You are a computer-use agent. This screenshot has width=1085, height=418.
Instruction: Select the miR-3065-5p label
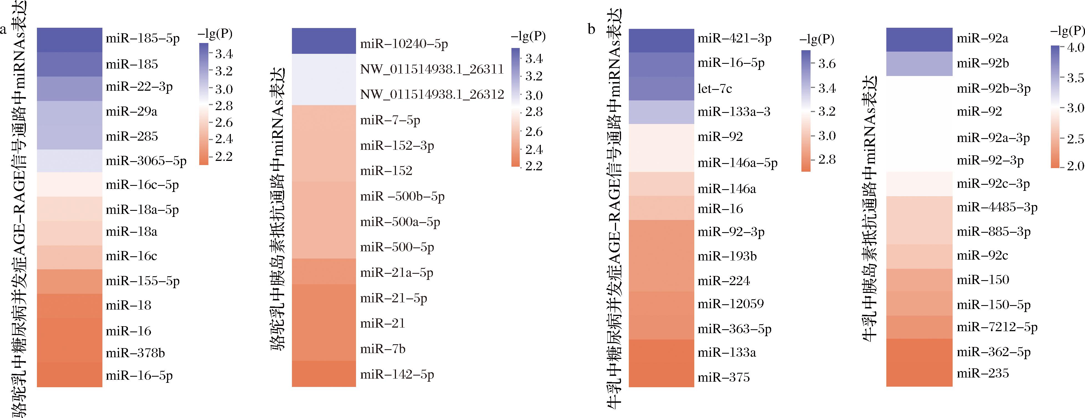coord(146,161)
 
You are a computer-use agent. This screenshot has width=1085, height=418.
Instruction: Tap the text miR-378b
coord(135,353)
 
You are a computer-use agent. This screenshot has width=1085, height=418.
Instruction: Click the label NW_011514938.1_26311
coord(432,69)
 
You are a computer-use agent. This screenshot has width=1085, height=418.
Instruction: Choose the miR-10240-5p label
coord(403,44)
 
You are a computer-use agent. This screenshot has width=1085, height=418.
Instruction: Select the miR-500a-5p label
coord(400,222)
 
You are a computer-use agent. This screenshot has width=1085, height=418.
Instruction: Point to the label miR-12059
coord(730,304)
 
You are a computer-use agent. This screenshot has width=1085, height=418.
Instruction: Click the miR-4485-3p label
coord(996,207)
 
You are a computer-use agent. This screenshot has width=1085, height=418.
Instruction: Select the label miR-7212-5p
coord(996,327)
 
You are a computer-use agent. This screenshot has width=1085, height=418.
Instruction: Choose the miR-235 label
coord(982,373)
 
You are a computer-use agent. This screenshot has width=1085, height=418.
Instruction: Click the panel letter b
coord(591,29)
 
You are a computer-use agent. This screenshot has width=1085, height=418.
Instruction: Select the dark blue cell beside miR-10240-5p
coord(324,41)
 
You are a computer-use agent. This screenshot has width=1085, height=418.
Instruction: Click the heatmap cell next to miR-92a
coord(919,40)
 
